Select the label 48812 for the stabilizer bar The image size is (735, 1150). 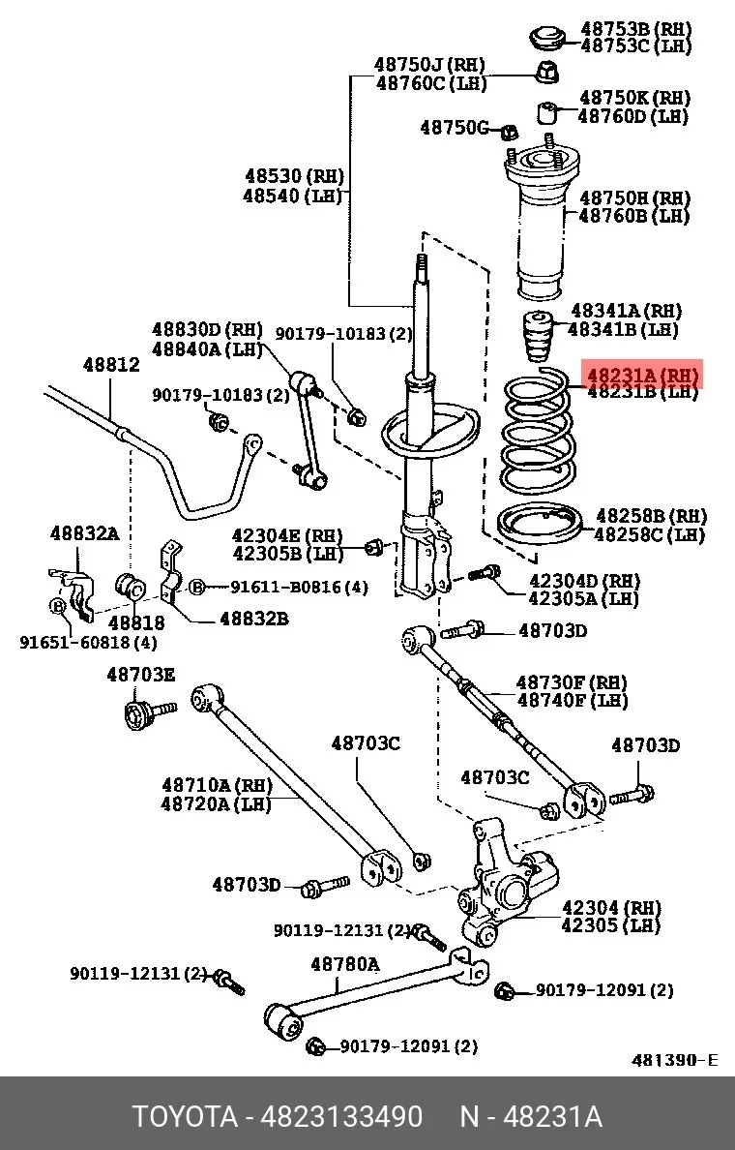110,364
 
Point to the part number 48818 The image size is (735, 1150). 137,622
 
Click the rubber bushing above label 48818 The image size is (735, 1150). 132,586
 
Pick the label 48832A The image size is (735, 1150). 84,533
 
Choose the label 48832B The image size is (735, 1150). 254,619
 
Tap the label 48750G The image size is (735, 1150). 454,128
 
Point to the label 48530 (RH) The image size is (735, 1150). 294,176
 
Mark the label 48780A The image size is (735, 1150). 345,964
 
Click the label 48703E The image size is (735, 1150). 140,674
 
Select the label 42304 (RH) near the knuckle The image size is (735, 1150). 611,908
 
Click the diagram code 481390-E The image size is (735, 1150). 675,1060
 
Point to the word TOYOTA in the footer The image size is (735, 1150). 186,1117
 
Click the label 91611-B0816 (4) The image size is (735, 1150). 299,588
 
